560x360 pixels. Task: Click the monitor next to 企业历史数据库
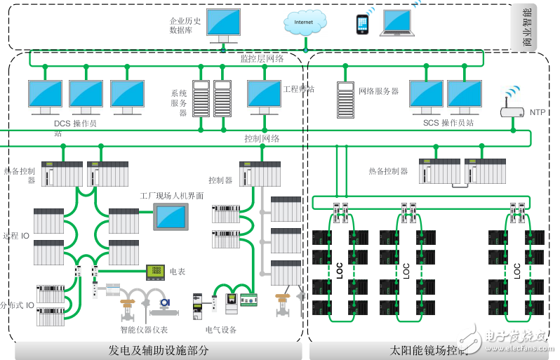pyautogui.click(x=223, y=26)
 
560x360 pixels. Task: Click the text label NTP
pyautogui.click(x=537, y=112)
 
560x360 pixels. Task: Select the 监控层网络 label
pyautogui.click(x=262, y=59)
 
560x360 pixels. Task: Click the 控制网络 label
pyautogui.click(x=262, y=138)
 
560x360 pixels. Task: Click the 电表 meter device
pyautogui.click(x=155, y=270)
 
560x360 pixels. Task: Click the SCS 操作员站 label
pyautogui.click(x=448, y=124)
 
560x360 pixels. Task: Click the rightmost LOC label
pyautogui.click(x=517, y=269)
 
